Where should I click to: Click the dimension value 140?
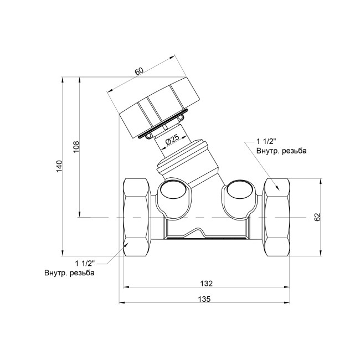click(59, 167)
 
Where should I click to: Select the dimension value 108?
click(76, 146)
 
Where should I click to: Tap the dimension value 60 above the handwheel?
click(139, 71)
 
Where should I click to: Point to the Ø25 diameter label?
click(172, 140)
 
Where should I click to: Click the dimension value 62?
click(317, 217)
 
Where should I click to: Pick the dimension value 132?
click(207, 284)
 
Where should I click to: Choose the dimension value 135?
click(204, 299)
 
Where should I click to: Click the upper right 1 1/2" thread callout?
click(266, 141)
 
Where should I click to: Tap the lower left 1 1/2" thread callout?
click(85, 263)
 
